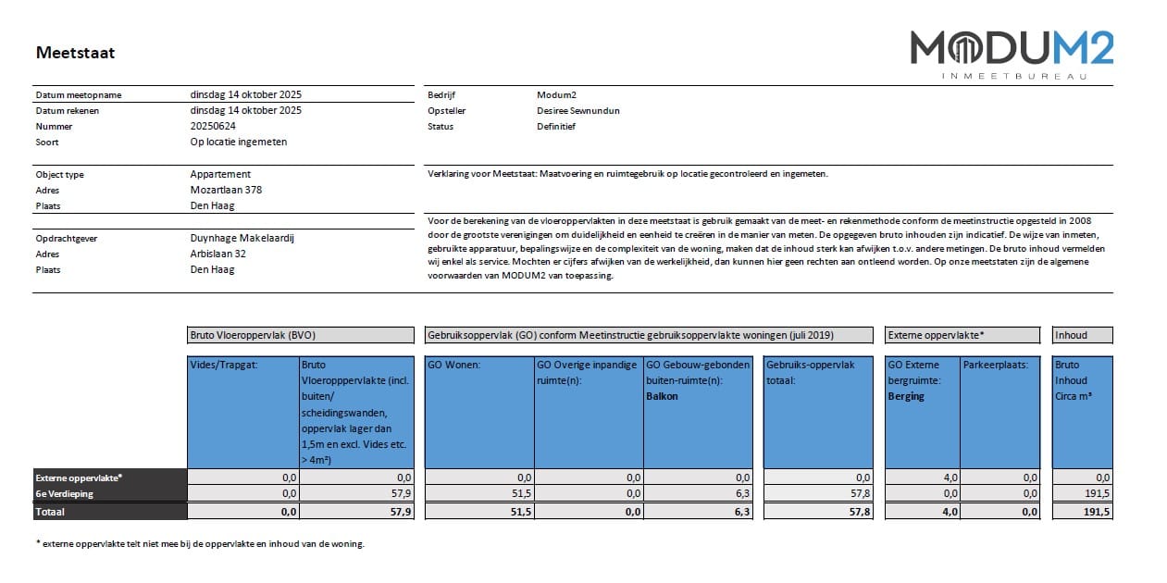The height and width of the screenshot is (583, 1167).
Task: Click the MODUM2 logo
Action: [x=1012, y=48]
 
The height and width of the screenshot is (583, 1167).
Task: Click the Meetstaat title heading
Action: [x=75, y=53]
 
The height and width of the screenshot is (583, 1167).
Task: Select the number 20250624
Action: [x=213, y=126]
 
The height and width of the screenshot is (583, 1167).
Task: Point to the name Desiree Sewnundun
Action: [x=578, y=110]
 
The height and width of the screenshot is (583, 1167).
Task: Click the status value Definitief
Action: [x=556, y=126]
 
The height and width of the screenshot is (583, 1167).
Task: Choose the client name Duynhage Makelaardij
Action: [x=242, y=238]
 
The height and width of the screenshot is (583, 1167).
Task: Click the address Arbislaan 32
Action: [x=218, y=254]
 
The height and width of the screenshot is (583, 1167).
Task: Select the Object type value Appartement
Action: [x=220, y=174]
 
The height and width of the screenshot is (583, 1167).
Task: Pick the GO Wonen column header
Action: [x=453, y=365]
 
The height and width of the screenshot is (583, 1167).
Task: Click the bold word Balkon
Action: [x=663, y=396]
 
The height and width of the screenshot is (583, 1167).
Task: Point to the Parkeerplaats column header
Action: [x=996, y=365]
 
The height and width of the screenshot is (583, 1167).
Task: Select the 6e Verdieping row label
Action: [x=66, y=494]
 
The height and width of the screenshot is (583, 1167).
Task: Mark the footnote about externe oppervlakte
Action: [x=200, y=544]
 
